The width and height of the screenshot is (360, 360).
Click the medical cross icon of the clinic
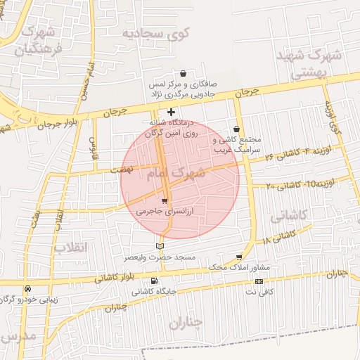(171, 112)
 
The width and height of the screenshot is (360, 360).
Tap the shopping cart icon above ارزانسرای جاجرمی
(165, 201)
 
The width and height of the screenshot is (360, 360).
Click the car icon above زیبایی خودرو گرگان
(27, 288)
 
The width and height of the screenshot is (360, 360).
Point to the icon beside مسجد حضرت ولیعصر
(160, 246)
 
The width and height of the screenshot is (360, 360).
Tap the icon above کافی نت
(259, 281)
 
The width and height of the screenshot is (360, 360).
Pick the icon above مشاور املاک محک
(239, 257)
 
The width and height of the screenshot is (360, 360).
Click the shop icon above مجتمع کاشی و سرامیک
(236, 129)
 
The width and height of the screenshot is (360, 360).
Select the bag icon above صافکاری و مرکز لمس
(184, 73)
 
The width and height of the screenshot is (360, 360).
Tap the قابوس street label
(91, 146)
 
